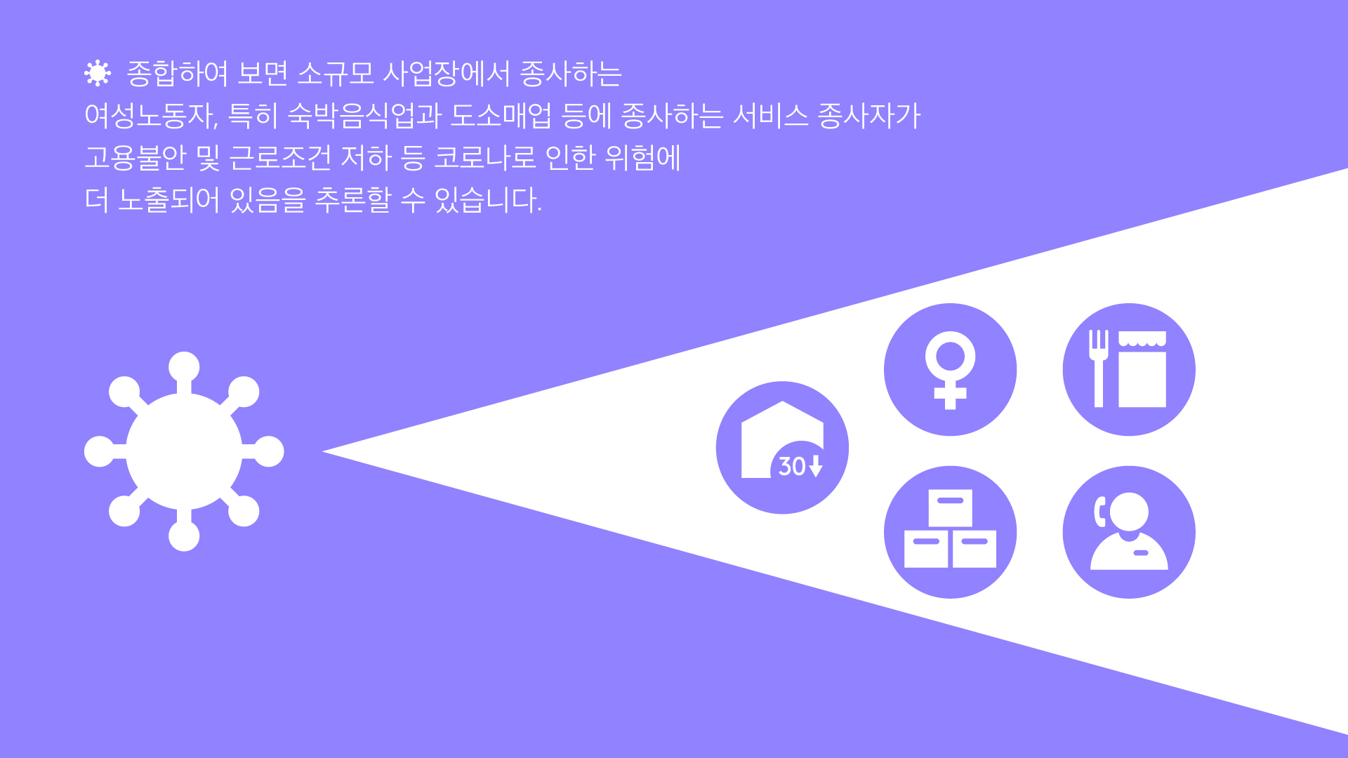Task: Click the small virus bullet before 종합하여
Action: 98,73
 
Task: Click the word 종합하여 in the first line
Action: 178,74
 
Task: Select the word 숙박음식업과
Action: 364,116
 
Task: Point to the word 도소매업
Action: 501,116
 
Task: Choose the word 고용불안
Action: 136,158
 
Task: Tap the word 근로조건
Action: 280,158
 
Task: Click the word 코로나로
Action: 485,158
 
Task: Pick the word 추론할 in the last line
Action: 352,200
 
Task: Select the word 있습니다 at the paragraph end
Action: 486,200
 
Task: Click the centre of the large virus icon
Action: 184,451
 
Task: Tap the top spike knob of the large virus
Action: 184,367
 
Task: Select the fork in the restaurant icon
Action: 1099,368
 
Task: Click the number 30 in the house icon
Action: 792,467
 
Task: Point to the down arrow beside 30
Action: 815,466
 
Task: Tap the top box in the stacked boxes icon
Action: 950,507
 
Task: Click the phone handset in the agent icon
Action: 1100,511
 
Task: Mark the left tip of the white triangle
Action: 322,451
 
